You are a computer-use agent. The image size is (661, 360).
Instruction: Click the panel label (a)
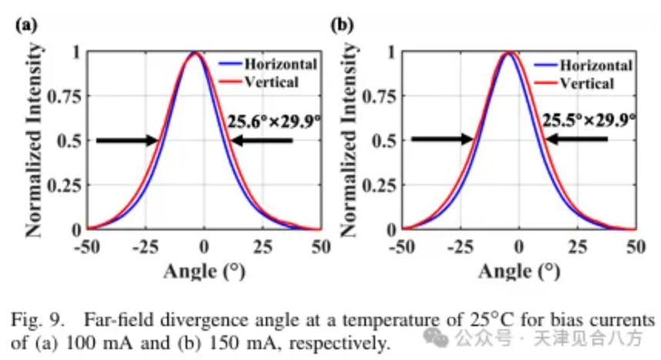click(x=26, y=25)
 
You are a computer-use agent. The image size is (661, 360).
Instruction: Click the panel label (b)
click(x=342, y=25)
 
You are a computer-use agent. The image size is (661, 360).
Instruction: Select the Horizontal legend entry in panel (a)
click(x=268, y=64)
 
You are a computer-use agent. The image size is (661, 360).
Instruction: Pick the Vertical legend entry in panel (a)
click(x=259, y=82)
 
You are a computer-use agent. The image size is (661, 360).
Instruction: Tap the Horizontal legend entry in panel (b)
click(x=583, y=66)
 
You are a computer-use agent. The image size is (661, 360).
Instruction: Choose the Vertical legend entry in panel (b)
click(x=574, y=83)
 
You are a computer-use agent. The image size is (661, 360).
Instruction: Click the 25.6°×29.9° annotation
click(x=274, y=122)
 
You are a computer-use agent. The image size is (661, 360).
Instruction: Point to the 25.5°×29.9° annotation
click(x=589, y=121)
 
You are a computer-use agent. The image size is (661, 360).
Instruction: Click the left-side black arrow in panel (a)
click(x=127, y=140)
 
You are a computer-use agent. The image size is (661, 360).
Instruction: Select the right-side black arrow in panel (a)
click(x=262, y=140)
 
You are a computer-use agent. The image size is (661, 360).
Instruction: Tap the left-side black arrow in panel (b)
click(x=442, y=139)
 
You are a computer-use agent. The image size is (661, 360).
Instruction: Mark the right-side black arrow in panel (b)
click(x=577, y=139)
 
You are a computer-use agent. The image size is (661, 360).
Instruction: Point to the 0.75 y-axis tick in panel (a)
click(x=64, y=96)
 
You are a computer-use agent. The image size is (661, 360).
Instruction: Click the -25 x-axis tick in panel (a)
click(x=146, y=247)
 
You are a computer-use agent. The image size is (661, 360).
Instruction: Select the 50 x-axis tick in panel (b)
click(x=636, y=247)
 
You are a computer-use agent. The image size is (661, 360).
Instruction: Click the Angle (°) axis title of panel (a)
click(x=204, y=271)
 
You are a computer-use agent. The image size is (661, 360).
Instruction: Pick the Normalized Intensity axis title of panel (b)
click(x=349, y=140)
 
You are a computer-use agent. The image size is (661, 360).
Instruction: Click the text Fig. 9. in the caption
click(x=38, y=321)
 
